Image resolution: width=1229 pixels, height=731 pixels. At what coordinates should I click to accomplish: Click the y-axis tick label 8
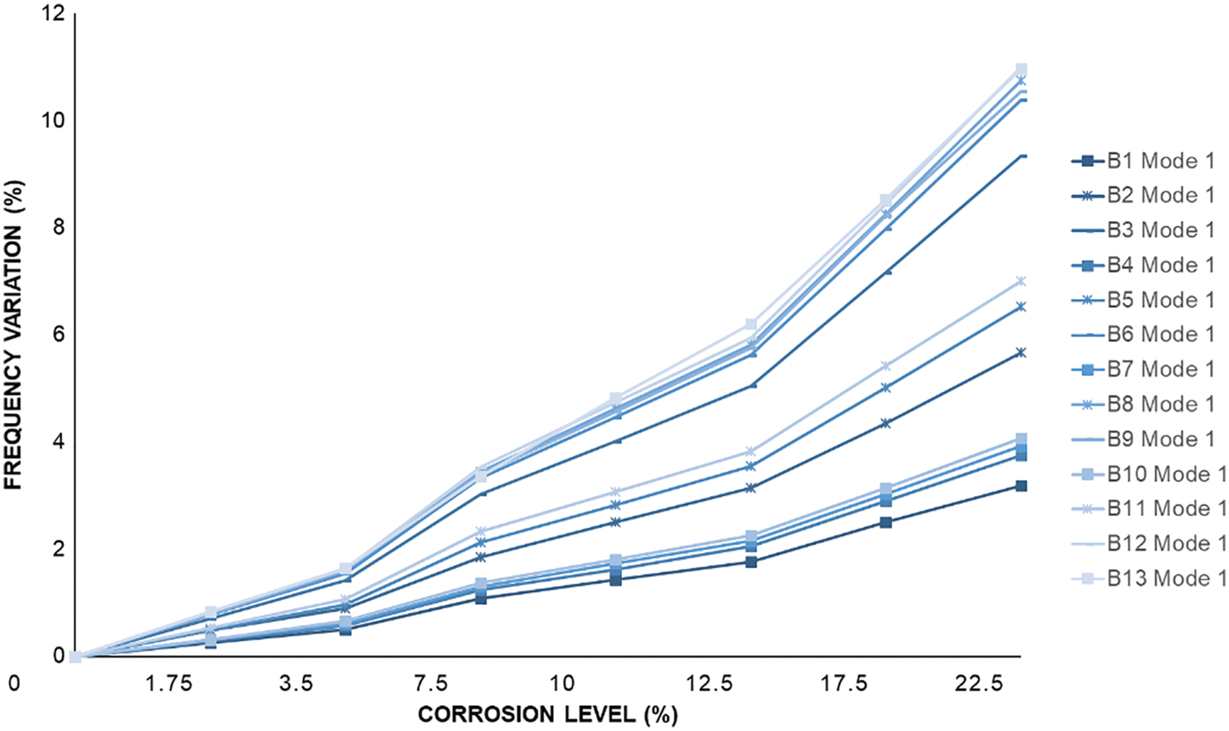click(59, 228)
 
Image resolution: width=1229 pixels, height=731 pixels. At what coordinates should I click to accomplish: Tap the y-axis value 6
click(59, 335)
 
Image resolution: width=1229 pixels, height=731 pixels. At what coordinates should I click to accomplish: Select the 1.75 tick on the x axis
click(168, 684)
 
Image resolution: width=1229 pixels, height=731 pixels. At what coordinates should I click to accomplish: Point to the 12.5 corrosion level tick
click(708, 684)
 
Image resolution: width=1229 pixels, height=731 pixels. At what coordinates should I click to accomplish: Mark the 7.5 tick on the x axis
click(430, 684)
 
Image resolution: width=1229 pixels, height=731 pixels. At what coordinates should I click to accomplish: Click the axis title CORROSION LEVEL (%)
click(547, 714)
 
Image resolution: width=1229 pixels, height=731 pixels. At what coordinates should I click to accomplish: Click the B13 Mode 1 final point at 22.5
click(1021, 69)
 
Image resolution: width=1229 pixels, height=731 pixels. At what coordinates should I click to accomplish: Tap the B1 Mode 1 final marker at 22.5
click(1021, 486)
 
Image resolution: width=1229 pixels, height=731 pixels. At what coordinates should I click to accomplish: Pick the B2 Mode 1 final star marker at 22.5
click(1021, 352)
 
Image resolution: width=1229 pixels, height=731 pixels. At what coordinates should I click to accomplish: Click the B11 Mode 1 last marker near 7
click(1021, 281)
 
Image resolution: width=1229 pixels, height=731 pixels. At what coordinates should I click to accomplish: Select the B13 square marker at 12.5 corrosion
click(751, 324)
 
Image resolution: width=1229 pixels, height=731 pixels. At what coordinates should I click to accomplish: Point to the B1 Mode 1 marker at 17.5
click(885, 522)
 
